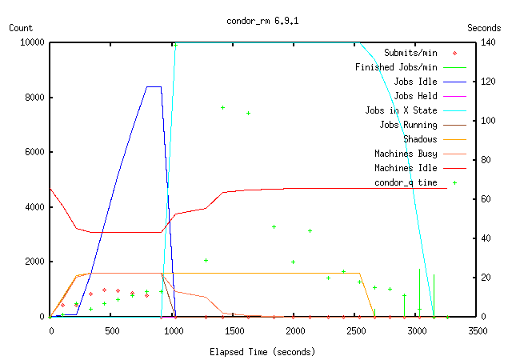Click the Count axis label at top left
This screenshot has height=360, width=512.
pos(21,27)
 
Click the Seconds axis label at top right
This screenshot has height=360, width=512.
pos(484,27)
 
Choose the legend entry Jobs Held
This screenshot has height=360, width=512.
pos(415,95)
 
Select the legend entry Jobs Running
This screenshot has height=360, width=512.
pos(408,125)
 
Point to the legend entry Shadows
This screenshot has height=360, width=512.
pos(420,139)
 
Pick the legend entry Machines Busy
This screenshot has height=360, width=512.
pos(406,154)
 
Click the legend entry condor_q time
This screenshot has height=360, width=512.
pos(406,182)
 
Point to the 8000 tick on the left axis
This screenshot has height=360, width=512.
pos(32,98)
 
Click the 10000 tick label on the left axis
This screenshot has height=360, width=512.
pos(30,42)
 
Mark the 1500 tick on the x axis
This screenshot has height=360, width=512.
pos(234,330)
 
